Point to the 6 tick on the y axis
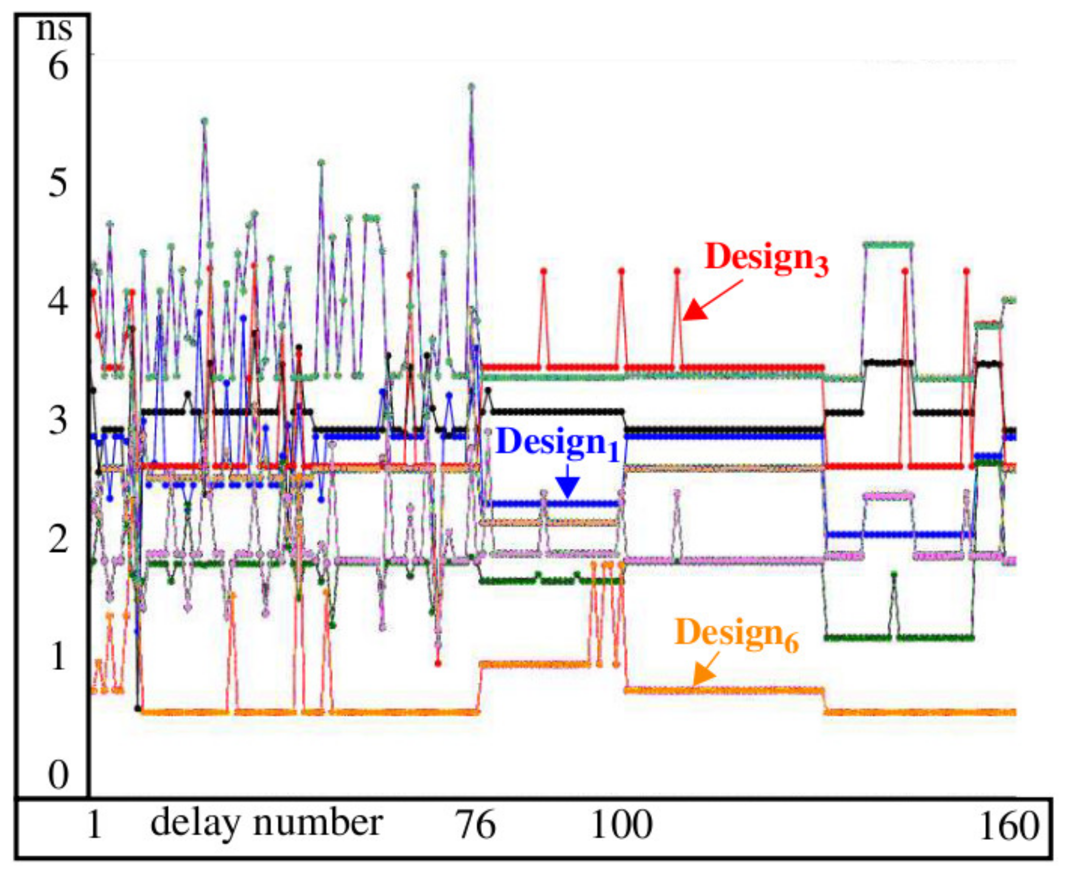click(x=58, y=66)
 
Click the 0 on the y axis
click(x=58, y=775)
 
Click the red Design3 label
click(x=766, y=258)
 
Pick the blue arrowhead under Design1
click(x=568, y=489)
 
